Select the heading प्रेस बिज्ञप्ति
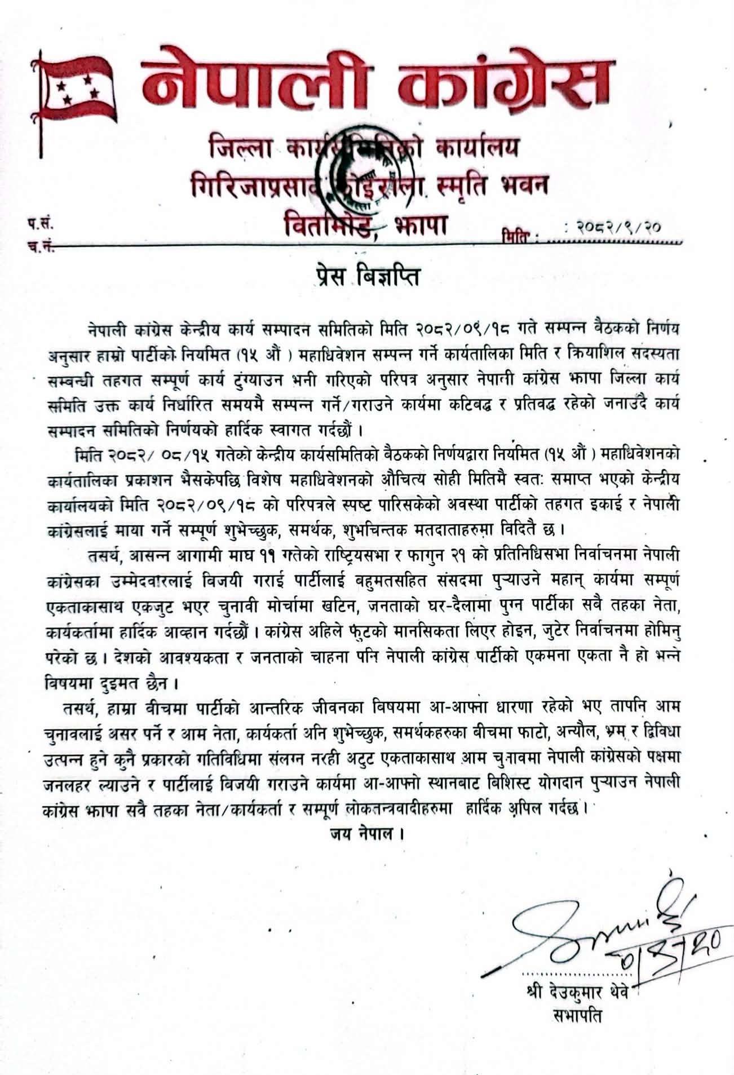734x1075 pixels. [367, 277]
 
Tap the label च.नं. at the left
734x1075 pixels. [39, 247]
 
